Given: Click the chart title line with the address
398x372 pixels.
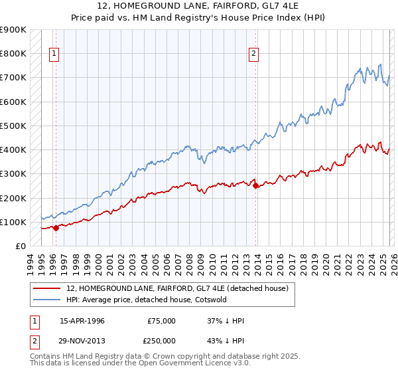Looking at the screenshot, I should pyautogui.click(x=199, y=6).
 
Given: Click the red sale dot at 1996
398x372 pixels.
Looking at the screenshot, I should pyautogui.click(x=56, y=228).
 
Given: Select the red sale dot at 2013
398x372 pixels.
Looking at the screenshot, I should pyautogui.click(x=256, y=186).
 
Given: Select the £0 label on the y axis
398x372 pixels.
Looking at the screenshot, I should pyautogui.click(x=20, y=246).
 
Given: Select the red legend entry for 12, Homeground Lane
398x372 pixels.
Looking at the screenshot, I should pyautogui.click(x=177, y=288).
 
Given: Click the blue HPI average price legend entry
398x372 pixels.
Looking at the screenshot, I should pyautogui.click(x=146, y=300).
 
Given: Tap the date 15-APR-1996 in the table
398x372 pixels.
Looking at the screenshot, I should pyautogui.click(x=82, y=321).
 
